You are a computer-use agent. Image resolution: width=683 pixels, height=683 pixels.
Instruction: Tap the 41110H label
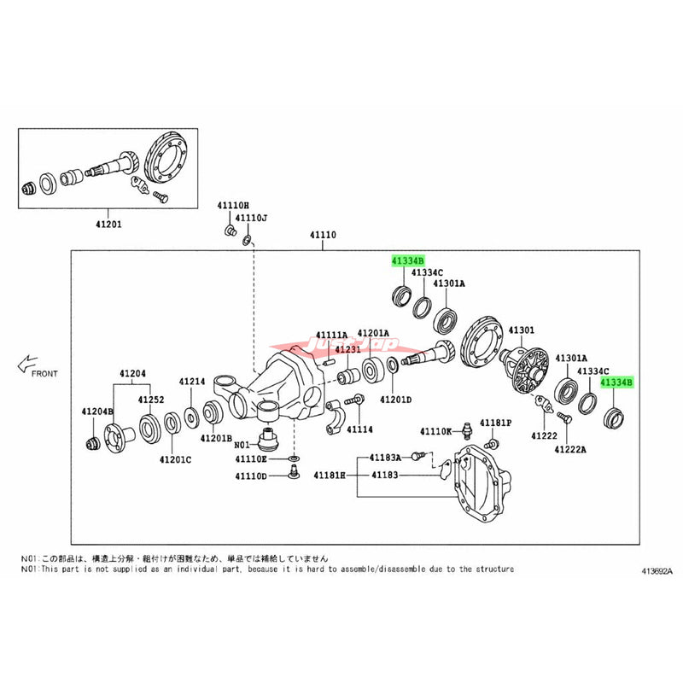point(232,206)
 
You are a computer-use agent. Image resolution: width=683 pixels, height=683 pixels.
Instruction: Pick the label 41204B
point(97,412)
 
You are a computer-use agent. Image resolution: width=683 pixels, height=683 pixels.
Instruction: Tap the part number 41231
point(347,349)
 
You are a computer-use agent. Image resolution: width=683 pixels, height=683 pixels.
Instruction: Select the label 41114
point(360,429)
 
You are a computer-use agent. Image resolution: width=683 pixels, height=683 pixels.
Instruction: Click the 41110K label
point(435,432)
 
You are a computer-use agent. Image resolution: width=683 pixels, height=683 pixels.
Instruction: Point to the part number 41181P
point(495,423)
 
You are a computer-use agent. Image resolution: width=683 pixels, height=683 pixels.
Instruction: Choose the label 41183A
point(386,458)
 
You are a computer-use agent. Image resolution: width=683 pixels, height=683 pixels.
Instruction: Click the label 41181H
point(330,474)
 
